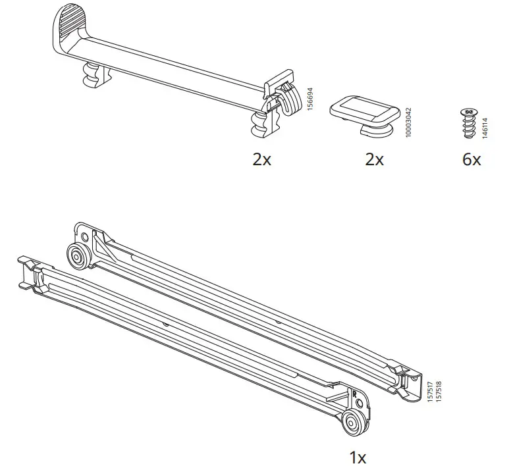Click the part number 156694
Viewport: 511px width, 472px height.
pyautogui.click(x=311, y=99)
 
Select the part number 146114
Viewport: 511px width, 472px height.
pyautogui.click(x=485, y=126)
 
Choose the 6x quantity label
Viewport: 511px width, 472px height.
pyautogui.click(x=471, y=160)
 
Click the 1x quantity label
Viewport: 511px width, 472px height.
pyautogui.click(x=357, y=457)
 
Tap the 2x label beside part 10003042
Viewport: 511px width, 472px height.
pyautogui.click(x=374, y=160)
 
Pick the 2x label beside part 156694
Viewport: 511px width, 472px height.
pyautogui.click(x=261, y=160)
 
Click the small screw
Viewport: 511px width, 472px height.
pyautogui.click(x=469, y=124)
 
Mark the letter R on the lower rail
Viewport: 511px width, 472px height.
pyautogui.click(x=355, y=396)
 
